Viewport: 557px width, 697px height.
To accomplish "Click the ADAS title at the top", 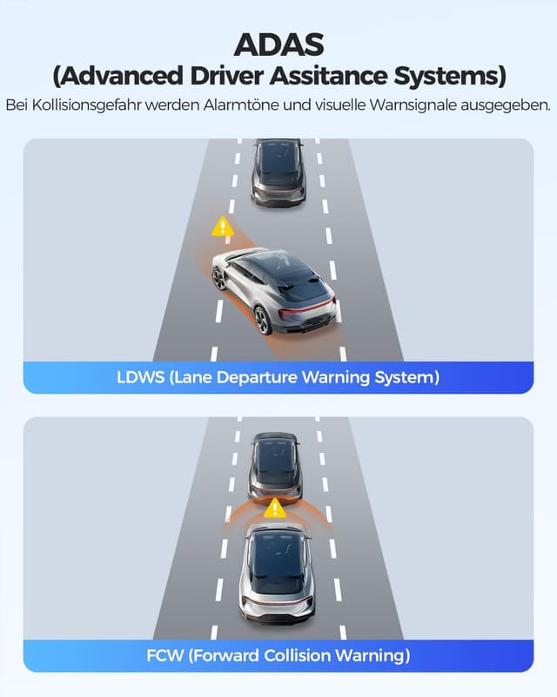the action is coord(278,44).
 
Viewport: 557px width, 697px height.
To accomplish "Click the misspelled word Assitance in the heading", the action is coord(328,76).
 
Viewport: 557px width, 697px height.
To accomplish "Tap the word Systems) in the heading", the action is coord(450,77).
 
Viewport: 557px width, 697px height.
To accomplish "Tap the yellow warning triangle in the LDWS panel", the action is coord(223,227).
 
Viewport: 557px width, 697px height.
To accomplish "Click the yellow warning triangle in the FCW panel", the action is coord(275,508).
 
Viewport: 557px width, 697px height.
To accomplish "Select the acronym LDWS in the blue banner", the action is coord(141,377).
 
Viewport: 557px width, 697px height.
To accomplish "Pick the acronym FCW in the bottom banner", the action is coord(164,656).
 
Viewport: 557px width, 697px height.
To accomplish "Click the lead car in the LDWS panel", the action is coord(278,173).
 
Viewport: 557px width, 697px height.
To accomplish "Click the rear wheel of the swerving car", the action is coord(263,320).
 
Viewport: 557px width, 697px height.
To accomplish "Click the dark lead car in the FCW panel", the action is coord(275,469).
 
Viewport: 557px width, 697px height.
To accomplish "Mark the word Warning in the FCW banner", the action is coord(372,656).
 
